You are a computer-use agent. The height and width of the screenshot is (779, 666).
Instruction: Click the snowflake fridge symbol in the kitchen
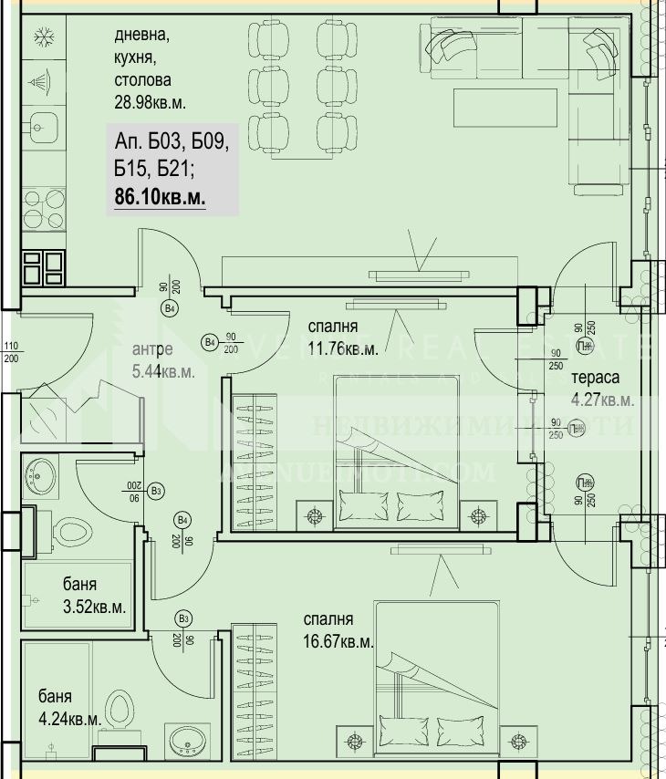tap(40, 37)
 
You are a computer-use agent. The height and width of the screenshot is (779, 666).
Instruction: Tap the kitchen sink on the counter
tap(42, 124)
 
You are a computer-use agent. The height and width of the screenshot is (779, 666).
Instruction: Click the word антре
tap(152, 348)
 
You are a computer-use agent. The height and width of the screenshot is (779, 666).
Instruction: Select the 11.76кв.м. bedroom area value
tap(342, 348)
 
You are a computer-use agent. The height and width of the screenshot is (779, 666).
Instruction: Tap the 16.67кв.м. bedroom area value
tap(338, 641)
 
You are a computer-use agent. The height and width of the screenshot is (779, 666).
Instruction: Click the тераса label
tap(595, 378)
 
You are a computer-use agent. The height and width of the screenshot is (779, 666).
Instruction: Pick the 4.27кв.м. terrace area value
tap(601, 399)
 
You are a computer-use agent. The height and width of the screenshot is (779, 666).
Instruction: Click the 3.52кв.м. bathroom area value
tap(94, 606)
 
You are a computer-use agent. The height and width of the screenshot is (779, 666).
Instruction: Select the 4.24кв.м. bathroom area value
tap(69, 718)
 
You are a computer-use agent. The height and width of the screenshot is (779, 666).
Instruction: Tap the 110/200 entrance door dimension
tap(12, 352)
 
